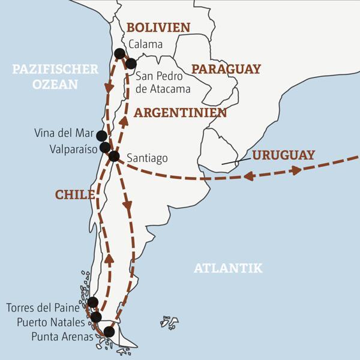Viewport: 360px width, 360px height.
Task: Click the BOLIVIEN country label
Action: (158, 27)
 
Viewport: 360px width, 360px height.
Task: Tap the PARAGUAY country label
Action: (226, 69)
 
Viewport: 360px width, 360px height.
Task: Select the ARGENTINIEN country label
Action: (180, 113)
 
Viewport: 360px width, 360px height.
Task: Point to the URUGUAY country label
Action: (283, 155)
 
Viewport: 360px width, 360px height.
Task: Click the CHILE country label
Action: (75, 194)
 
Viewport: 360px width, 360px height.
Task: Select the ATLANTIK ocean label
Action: (228, 268)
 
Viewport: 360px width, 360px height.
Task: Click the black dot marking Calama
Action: (119, 53)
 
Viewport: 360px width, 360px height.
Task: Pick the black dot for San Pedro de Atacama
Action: (131, 64)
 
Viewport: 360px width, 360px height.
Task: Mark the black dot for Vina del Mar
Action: (101, 136)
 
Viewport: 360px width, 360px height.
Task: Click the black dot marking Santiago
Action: (114, 156)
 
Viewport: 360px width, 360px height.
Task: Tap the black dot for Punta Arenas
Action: (109, 332)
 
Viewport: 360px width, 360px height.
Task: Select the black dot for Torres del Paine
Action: (92, 302)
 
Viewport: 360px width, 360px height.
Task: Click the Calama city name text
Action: (146, 44)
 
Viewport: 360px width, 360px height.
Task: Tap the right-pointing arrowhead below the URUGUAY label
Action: (296, 170)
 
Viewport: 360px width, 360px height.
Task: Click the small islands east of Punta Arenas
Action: (169, 323)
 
